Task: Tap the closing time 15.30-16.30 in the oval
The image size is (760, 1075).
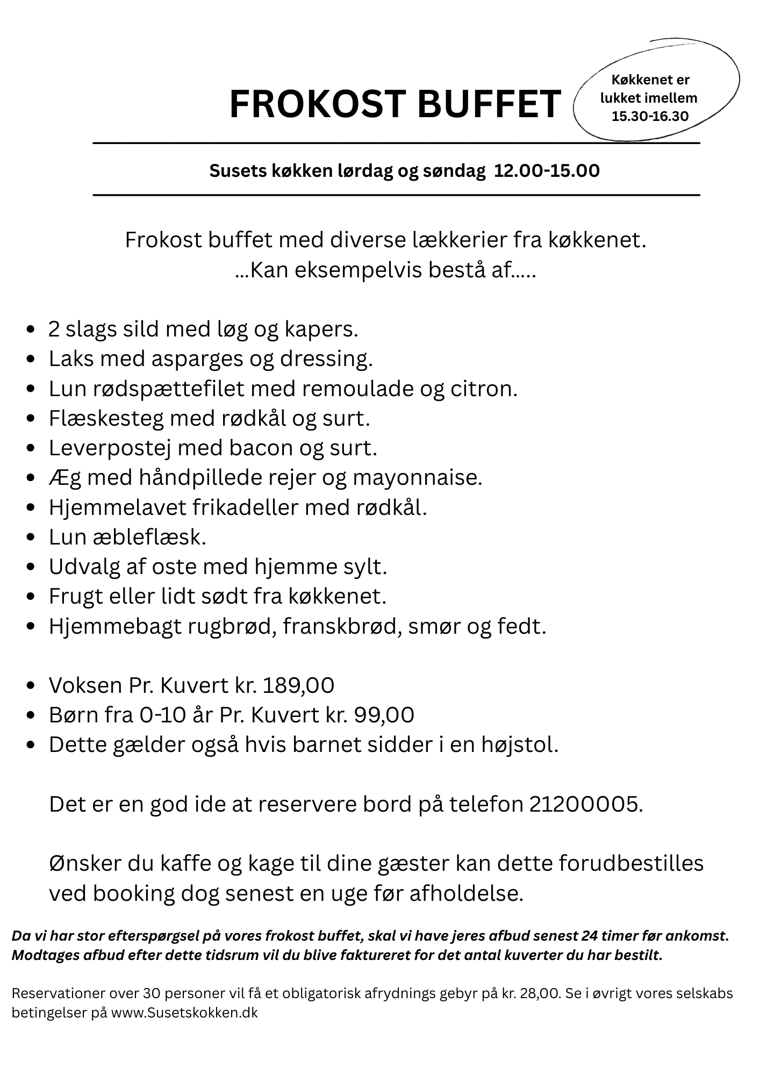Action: (650, 116)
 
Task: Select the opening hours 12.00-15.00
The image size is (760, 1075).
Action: (547, 171)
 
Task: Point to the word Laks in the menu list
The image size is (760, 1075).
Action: (69, 359)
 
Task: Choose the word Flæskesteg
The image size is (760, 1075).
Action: (105, 418)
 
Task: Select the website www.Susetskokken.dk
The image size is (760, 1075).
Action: (184, 1013)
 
